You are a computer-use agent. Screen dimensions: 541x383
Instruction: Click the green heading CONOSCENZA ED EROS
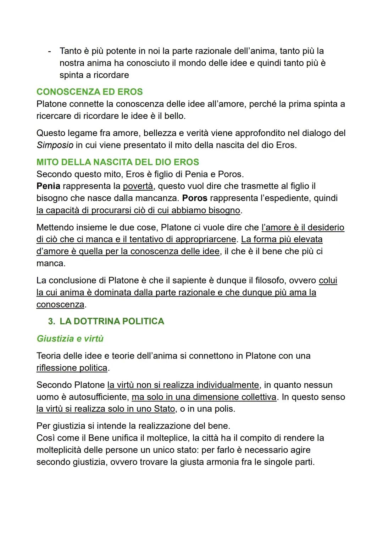[89, 92]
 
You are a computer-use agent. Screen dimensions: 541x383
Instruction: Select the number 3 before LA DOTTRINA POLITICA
[51, 321]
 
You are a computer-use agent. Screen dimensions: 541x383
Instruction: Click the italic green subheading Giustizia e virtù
[70, 339]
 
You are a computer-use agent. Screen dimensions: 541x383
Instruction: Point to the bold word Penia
[48, 186]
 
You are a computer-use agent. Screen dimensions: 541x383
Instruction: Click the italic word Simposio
[55, 145]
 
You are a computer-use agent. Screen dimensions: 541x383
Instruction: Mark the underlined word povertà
[138, 186]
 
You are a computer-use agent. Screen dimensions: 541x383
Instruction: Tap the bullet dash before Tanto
[49, 51]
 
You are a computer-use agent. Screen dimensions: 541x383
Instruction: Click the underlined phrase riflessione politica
[72, 368]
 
